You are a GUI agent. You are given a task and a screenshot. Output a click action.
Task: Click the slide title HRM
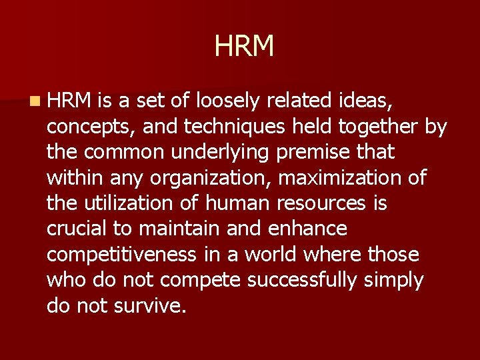pyautogui.click(x=244, y=47)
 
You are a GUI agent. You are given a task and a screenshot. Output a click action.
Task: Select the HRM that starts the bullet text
pyautogui.click(x=69, y=101)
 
